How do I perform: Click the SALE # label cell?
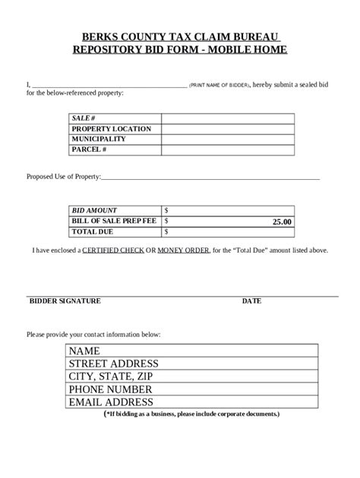pos(83,118)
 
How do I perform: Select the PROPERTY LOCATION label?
pos(111,129)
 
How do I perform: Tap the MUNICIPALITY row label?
pos(99,140)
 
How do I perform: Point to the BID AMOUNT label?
pos(94,209)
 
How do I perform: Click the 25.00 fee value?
pos(282,222)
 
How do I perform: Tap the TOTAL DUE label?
pos(92,231)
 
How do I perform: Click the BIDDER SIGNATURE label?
pos(65,301)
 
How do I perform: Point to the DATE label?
pos(251,301)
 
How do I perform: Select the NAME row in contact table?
pos(84,351)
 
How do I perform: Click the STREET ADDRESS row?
pos(113,364)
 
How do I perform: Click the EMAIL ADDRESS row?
pos(111,402)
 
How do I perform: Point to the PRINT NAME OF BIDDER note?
pos(219,85)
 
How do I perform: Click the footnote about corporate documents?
pos(191,414)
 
